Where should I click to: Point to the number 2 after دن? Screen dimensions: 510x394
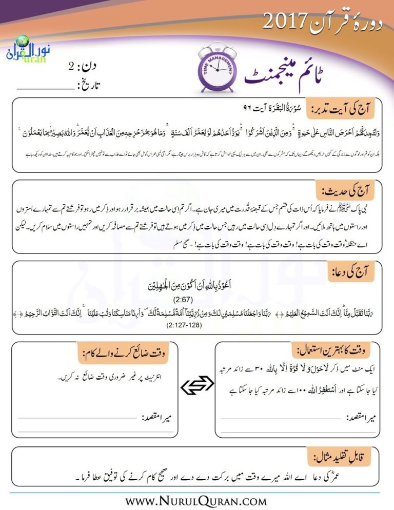(x=71, y=66)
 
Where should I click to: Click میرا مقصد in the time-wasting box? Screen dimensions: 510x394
(x=160, y=418)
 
